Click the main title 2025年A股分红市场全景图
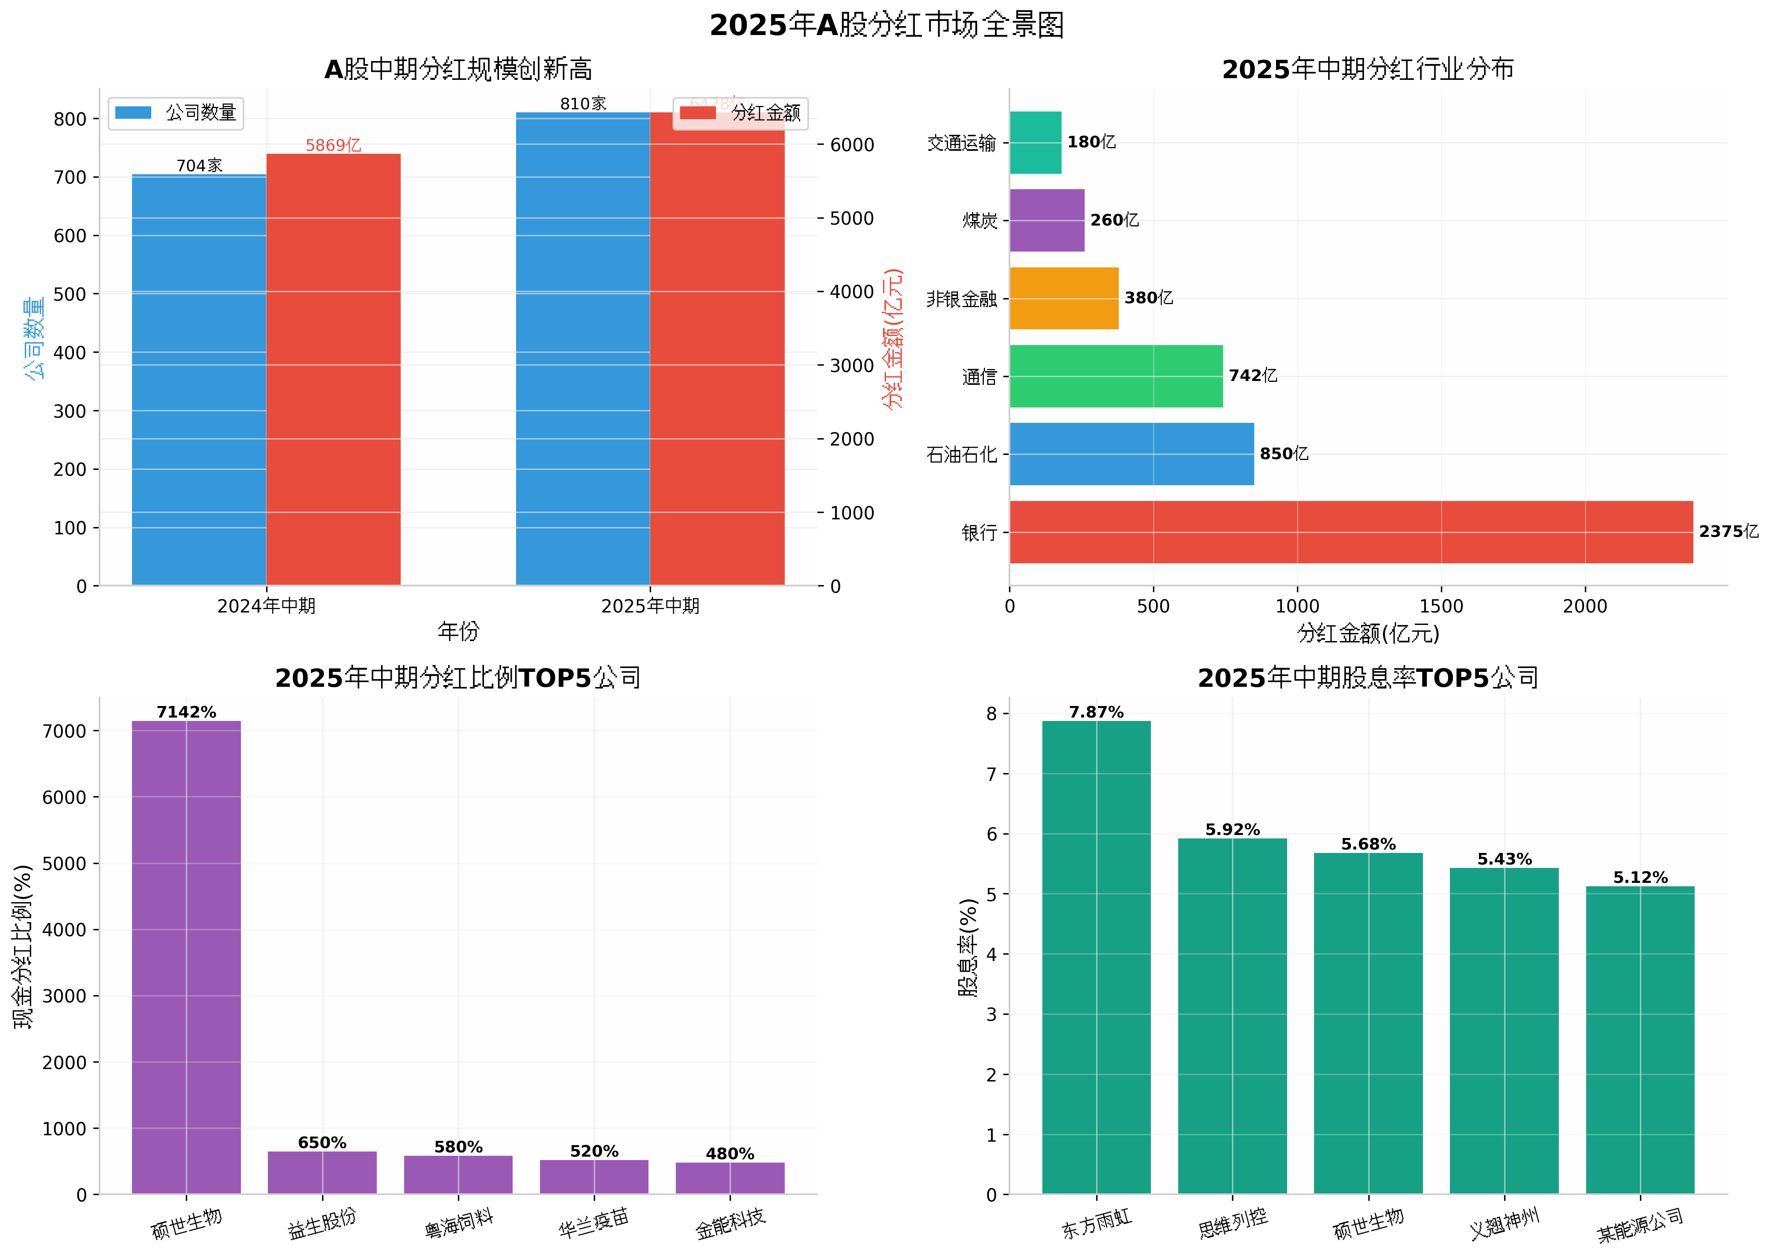point(886,26)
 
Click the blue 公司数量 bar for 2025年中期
point(583,349)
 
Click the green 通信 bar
point(1116,376)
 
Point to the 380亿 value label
point(1148,298)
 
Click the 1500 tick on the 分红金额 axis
point(1441,606)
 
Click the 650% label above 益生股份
point(322,1142)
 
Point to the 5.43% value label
point(1504,859)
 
